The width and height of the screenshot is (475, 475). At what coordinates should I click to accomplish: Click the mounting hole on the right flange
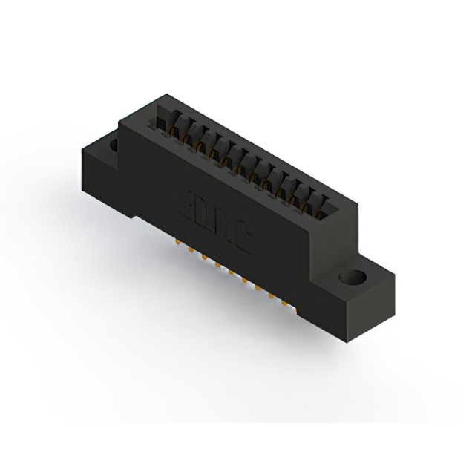(353, 278)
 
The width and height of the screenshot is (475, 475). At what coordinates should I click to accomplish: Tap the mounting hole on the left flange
(114, 145)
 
